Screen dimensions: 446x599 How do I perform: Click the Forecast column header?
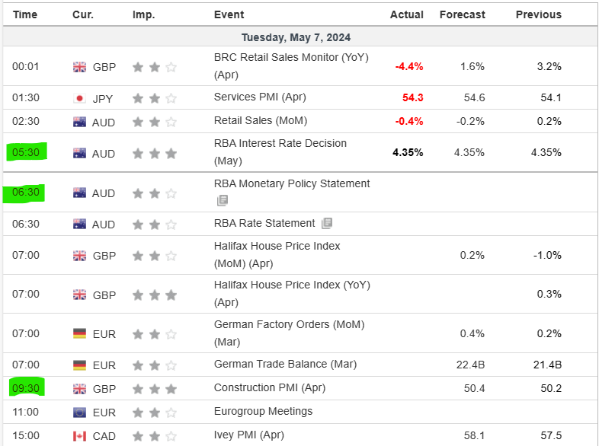(x=462, y=14)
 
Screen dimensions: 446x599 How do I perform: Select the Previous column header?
(x=538, y=14)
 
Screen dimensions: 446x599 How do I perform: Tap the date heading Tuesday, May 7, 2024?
(x=296, y=37)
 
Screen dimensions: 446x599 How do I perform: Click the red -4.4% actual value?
(x=408, y=66)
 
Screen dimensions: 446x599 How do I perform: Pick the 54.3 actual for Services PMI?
(x=412, y=97)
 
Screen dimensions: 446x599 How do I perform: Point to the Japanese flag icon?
(x=79, y=97)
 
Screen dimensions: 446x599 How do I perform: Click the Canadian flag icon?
(x=79, y=436)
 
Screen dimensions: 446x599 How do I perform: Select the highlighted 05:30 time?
(x=26, y=152)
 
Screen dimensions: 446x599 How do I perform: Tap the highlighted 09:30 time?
(x=26, y=388)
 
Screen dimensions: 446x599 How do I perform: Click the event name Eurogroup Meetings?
(x=263, y=411)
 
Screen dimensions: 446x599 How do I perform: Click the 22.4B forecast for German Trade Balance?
(x=470, y=365)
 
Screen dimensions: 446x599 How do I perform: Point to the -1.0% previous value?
(x=548, y=255)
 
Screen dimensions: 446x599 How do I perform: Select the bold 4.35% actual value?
(x=408, y=152)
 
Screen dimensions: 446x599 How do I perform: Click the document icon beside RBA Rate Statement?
(x=327, y=224)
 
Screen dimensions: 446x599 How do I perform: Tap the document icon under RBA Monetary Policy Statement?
(x=222, y=200)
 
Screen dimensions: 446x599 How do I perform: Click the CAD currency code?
(x=104, y=436)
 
